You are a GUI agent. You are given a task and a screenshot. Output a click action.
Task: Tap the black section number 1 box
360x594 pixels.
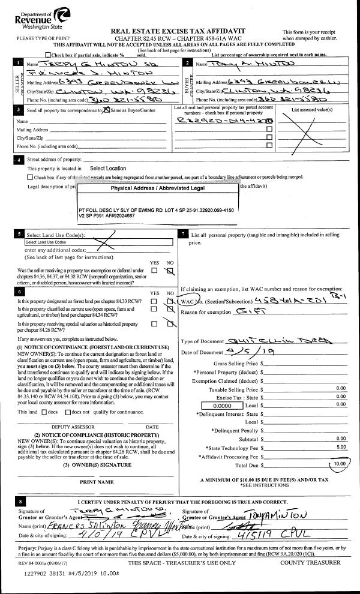20,62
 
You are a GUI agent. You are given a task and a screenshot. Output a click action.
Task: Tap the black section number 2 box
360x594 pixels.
188,62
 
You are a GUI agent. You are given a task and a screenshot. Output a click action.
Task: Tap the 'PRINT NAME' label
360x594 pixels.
96,481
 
